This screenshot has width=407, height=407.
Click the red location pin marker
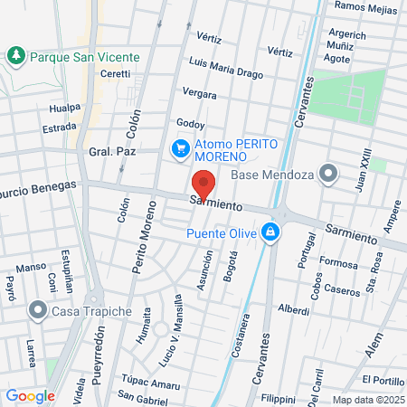[x=204, y=184]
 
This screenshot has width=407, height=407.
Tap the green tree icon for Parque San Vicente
[x=16, y=56]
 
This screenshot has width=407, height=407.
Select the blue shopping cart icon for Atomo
[x=181, y=147]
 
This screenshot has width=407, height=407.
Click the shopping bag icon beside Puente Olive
[x=270, y=233]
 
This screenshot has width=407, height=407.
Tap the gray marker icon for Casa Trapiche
[x=38, y=311]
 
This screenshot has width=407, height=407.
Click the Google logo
[x=30, y=395]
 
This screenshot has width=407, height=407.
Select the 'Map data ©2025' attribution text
[x=367, y=399]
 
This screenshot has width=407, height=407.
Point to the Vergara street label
[x=200, y=93]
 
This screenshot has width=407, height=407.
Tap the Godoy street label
[x=190, y=124]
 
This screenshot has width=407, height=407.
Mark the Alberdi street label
[x=294, y=308]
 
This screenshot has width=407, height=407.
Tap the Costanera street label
[x=242, y=330]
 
